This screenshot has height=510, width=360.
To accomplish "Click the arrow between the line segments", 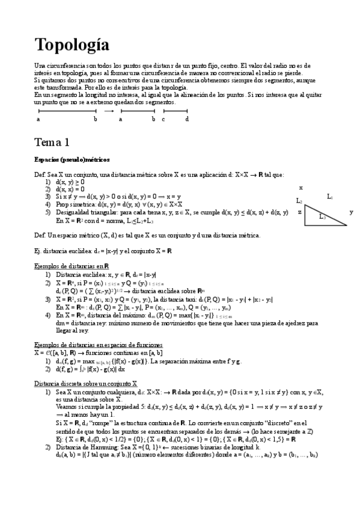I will tap(109, 111).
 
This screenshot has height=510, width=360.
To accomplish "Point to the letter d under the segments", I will tap(187, 119).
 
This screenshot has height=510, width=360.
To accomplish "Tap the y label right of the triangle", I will tap(351, 212).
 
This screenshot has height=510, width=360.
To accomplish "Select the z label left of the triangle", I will tap(299, 212).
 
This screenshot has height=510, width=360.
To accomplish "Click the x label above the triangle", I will tap(301, 188).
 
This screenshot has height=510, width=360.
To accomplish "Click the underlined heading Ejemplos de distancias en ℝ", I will tap(72, 266).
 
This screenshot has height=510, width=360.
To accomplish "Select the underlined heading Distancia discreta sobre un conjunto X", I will tap(85, 382).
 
